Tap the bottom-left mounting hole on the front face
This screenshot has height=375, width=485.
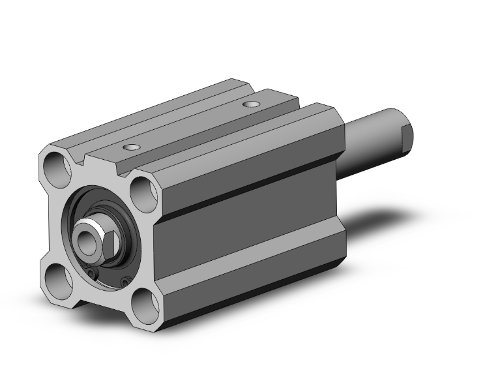coord(59,282)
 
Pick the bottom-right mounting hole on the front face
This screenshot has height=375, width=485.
coord(146,305)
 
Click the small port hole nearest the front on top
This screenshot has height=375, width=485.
coord(133,148)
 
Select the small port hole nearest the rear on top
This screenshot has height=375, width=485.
coord(251,104)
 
